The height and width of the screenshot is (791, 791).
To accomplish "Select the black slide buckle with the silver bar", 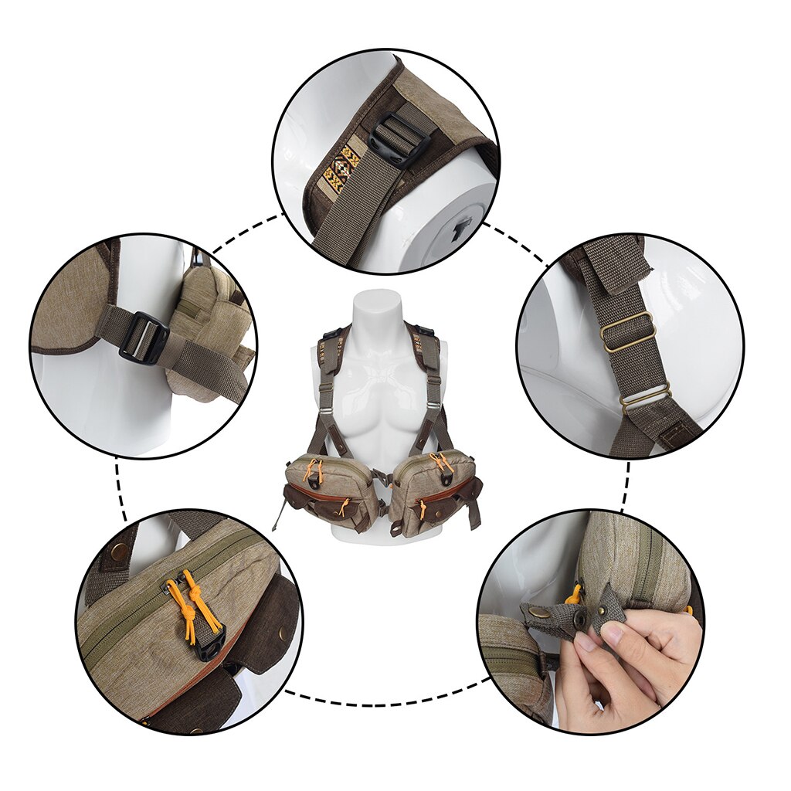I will pyautogui.click(x=144, y=338).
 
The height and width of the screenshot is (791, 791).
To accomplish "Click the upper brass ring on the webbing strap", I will pyautogui.click(x=627, y=332).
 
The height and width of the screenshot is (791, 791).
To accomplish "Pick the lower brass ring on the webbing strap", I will pyautogui.click(x=645, y=399).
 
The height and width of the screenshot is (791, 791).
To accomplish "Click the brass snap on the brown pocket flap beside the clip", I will pyautogui.click(x=281, y=633).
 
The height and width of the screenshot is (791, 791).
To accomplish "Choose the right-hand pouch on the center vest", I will pyautogui.click(x=433, y=491).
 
